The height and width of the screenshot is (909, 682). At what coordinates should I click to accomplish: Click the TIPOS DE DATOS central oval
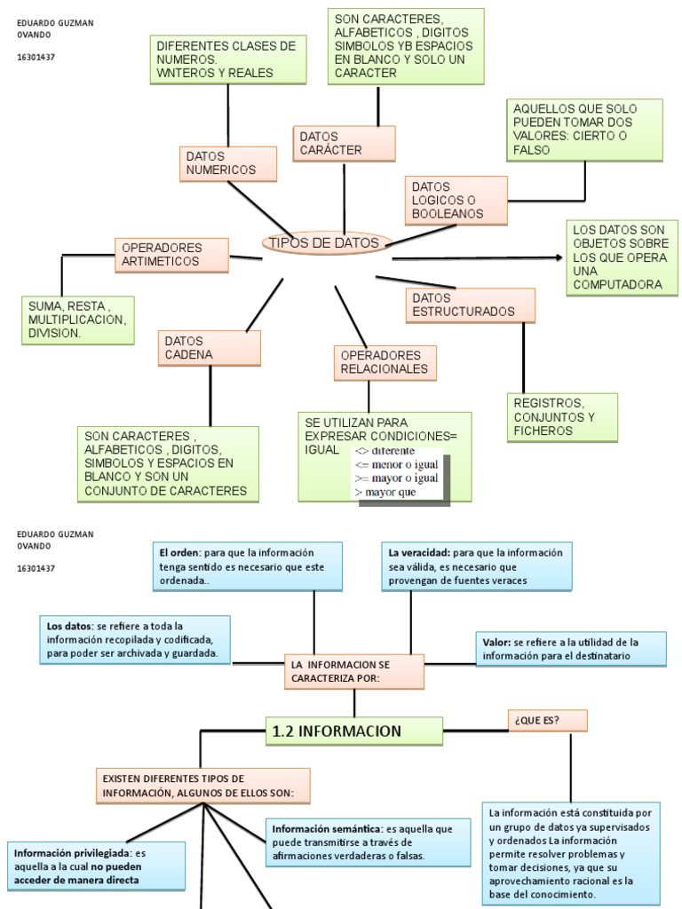323,243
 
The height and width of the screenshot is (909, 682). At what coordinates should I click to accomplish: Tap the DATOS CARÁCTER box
331,143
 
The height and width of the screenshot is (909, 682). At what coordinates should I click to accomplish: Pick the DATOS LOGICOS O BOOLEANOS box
456,201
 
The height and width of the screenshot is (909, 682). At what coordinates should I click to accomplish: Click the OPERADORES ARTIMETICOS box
171,255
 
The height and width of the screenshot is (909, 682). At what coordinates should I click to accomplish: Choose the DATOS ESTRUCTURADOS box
471,304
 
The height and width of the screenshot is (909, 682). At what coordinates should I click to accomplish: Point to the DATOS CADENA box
210,348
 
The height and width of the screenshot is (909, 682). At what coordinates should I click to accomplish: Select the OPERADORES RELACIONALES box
385,362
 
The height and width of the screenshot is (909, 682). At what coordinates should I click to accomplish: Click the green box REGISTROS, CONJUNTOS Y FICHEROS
561,417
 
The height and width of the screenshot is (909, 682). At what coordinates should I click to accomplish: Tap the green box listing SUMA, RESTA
78,320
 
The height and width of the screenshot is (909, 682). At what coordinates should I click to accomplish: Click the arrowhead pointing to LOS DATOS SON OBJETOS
559,257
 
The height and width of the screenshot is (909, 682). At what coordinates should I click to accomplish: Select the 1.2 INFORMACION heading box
354,731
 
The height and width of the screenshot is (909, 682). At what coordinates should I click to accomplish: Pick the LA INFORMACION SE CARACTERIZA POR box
354,672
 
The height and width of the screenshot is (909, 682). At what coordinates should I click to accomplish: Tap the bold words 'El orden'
180,552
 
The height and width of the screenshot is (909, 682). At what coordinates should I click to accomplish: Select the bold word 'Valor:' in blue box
496,642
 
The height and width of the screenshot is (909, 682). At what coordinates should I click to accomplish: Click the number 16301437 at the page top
36,58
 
